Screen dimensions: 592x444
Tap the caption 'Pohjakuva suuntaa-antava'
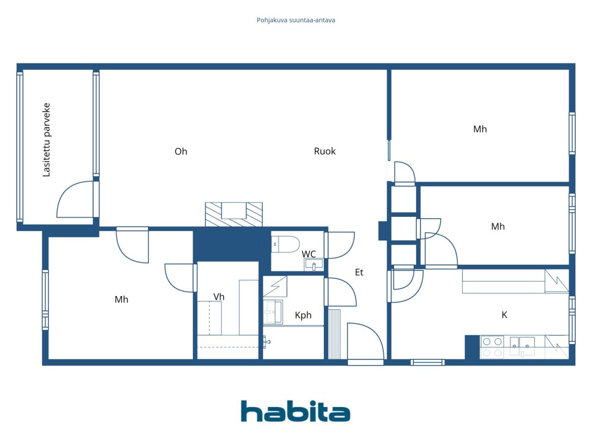[296, 20]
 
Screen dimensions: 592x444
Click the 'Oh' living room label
[181, 152]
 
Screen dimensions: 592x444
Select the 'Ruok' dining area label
[325, 151]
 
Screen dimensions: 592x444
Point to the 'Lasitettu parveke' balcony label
[46, 140]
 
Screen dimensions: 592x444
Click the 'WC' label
[309, 254]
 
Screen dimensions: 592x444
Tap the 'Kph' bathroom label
[303, 315]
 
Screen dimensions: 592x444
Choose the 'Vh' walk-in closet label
[219, 297]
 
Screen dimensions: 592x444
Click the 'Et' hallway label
[359, 272]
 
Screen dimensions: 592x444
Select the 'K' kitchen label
[504, 315]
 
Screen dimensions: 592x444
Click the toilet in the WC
[285, 244]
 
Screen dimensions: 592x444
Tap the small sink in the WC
[314, 265]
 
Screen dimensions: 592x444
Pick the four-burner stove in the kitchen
[492, 347]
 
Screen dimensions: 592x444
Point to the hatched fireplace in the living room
[234, 214]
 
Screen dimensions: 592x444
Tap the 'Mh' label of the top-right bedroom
[480, 129]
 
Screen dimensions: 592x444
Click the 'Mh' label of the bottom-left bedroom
[121, 300]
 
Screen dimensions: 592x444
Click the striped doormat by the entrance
[334, 334]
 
